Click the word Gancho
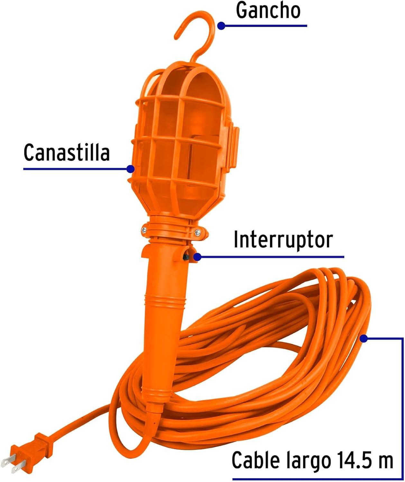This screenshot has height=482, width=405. pos(268,10)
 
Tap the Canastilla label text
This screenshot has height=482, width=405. pos(67,152)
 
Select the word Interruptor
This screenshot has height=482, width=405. pos(283,240)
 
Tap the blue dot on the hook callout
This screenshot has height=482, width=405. pos(221,26)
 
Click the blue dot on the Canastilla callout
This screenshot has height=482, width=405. pos(131,169)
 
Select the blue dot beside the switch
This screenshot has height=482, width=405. pos(197,257)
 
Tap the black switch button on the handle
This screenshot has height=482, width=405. pos(185,257)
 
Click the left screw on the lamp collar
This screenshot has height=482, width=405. pos(144,230)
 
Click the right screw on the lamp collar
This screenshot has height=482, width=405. pos(197,232)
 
